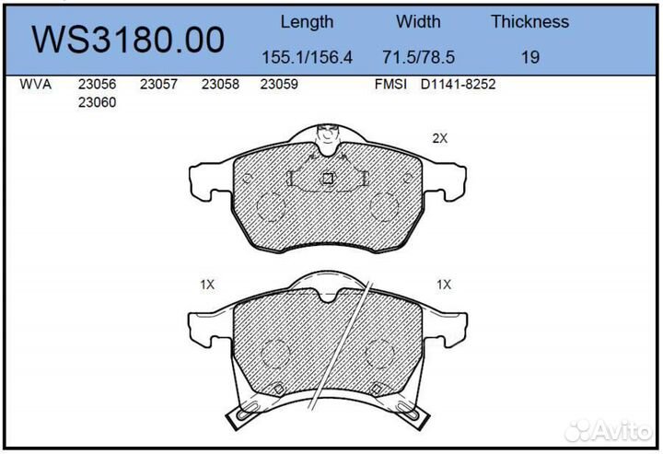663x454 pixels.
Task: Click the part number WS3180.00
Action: (x=128, y=40)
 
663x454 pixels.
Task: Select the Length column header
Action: (x=307, y=21)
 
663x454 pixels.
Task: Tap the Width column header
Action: (x=418, y=21)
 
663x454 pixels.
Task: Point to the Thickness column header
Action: (x=529, y=21)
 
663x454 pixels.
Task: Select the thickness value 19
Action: (x=529, y=57)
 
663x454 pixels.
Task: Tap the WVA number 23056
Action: (x=97, y=84)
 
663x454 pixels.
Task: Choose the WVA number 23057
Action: (x=158, y=84)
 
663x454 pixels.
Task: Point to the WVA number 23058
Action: (x=220, y=84)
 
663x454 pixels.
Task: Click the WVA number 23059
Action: (x=280, y=84)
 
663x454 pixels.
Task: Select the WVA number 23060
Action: (x=97, y=102)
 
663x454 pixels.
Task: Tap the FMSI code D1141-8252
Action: (x=459, y=84)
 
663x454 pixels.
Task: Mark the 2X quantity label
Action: (x=439, y=138)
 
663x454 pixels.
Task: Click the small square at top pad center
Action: (x=327, y=179)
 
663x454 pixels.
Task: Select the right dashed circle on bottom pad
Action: (x=380, y=354)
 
